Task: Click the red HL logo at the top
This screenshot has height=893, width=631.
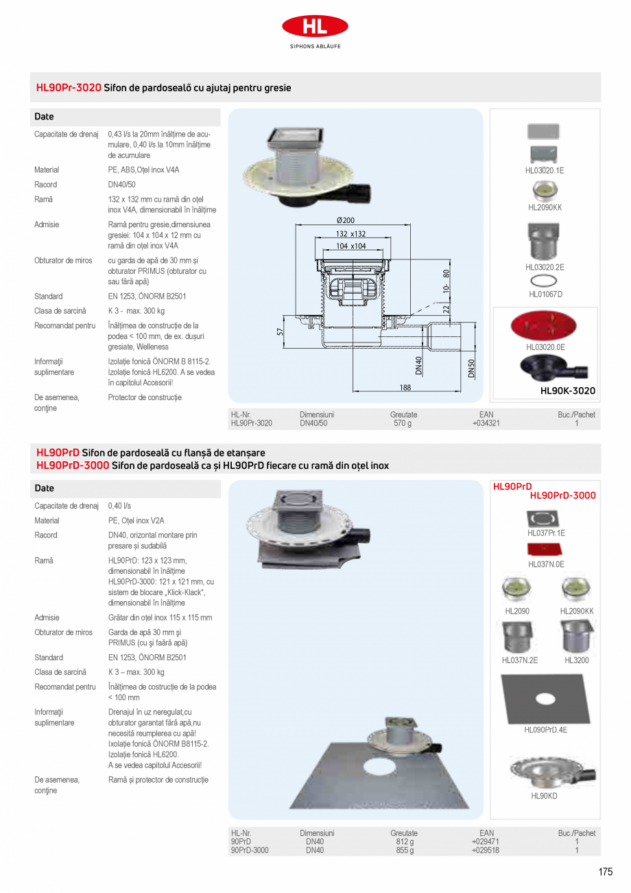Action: (x=315, y=26)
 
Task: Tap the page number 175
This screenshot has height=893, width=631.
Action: (x=604, y=872)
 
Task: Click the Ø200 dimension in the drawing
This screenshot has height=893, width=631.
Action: (x=346, y=220)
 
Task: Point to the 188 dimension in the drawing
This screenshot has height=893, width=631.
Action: (x=405, y=388)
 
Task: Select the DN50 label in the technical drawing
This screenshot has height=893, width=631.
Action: (x=471, y=368)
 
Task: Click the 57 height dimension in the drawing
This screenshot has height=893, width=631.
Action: (x=280, y=332)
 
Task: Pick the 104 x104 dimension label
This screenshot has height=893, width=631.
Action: (x=350, y=246)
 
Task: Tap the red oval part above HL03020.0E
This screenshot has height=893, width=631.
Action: (x=544, y=326)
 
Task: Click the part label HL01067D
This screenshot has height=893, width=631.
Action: (x=545, y=294)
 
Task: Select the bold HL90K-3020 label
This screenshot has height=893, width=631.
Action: (x=568, y=391)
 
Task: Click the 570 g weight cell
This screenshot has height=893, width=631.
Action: (x=403, y=424)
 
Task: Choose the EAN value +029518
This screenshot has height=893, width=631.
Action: (x=486, y=850)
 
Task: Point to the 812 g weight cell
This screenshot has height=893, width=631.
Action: (x=405, y=842)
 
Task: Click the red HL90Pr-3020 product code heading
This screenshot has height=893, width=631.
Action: (x=69, y=88)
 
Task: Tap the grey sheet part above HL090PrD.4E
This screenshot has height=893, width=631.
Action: (x=545, y=697)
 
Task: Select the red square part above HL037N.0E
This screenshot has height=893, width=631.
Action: (x=546, y=549)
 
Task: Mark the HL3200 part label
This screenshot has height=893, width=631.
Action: (x=576, y=660)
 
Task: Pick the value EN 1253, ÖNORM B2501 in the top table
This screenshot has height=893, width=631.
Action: (x=147, y=297)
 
